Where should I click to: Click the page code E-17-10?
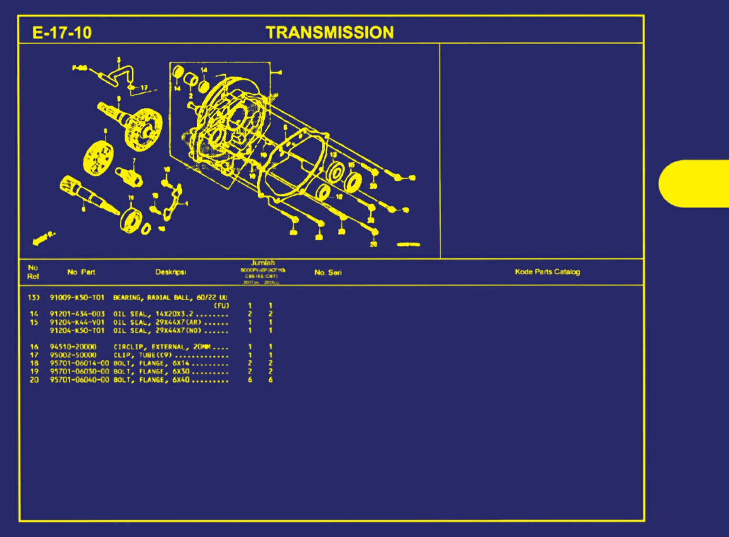coord(62,32)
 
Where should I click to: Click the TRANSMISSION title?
coord(330,32)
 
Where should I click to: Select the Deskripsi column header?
coord(170,272)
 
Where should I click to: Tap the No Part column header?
coord(81,272)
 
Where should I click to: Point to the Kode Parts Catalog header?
coord(547,272)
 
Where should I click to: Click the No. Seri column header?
coord(328,273)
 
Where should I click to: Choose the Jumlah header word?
coord(263,263)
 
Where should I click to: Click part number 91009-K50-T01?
coord(77,297)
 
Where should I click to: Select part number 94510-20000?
coord(73,347)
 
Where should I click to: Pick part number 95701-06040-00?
coord(79,380)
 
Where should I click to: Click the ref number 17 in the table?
coord(34,355)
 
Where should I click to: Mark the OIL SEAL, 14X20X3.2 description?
coord(153,314)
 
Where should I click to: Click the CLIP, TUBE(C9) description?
coord(142,355)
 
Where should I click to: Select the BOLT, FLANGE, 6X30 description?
coord(151,372)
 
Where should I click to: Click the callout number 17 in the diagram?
coord(144,88)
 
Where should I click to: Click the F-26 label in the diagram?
coord(80,68)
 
